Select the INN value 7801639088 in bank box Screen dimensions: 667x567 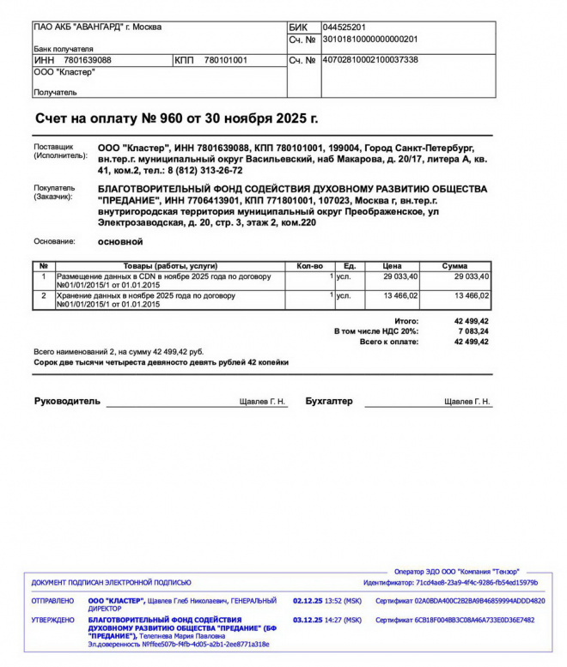(x=88, y=60)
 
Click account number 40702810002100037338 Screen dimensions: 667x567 (x=369, y=60)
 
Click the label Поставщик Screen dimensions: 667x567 (x=54, y=147)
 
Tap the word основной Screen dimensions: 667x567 (x=120, y=242)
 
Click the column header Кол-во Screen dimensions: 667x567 (x=309, y=266)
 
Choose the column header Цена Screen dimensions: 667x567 (x=393, y=266)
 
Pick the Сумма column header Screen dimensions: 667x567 (x=454, y=266)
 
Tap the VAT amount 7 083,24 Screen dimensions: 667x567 (x=472, y=330)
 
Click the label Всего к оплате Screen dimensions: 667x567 (x=389, y=342)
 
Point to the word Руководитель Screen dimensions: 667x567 (x=67, y=401)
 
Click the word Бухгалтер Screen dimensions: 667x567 (x=329, y=401)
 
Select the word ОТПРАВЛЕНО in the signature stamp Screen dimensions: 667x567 (x=53, y=601)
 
